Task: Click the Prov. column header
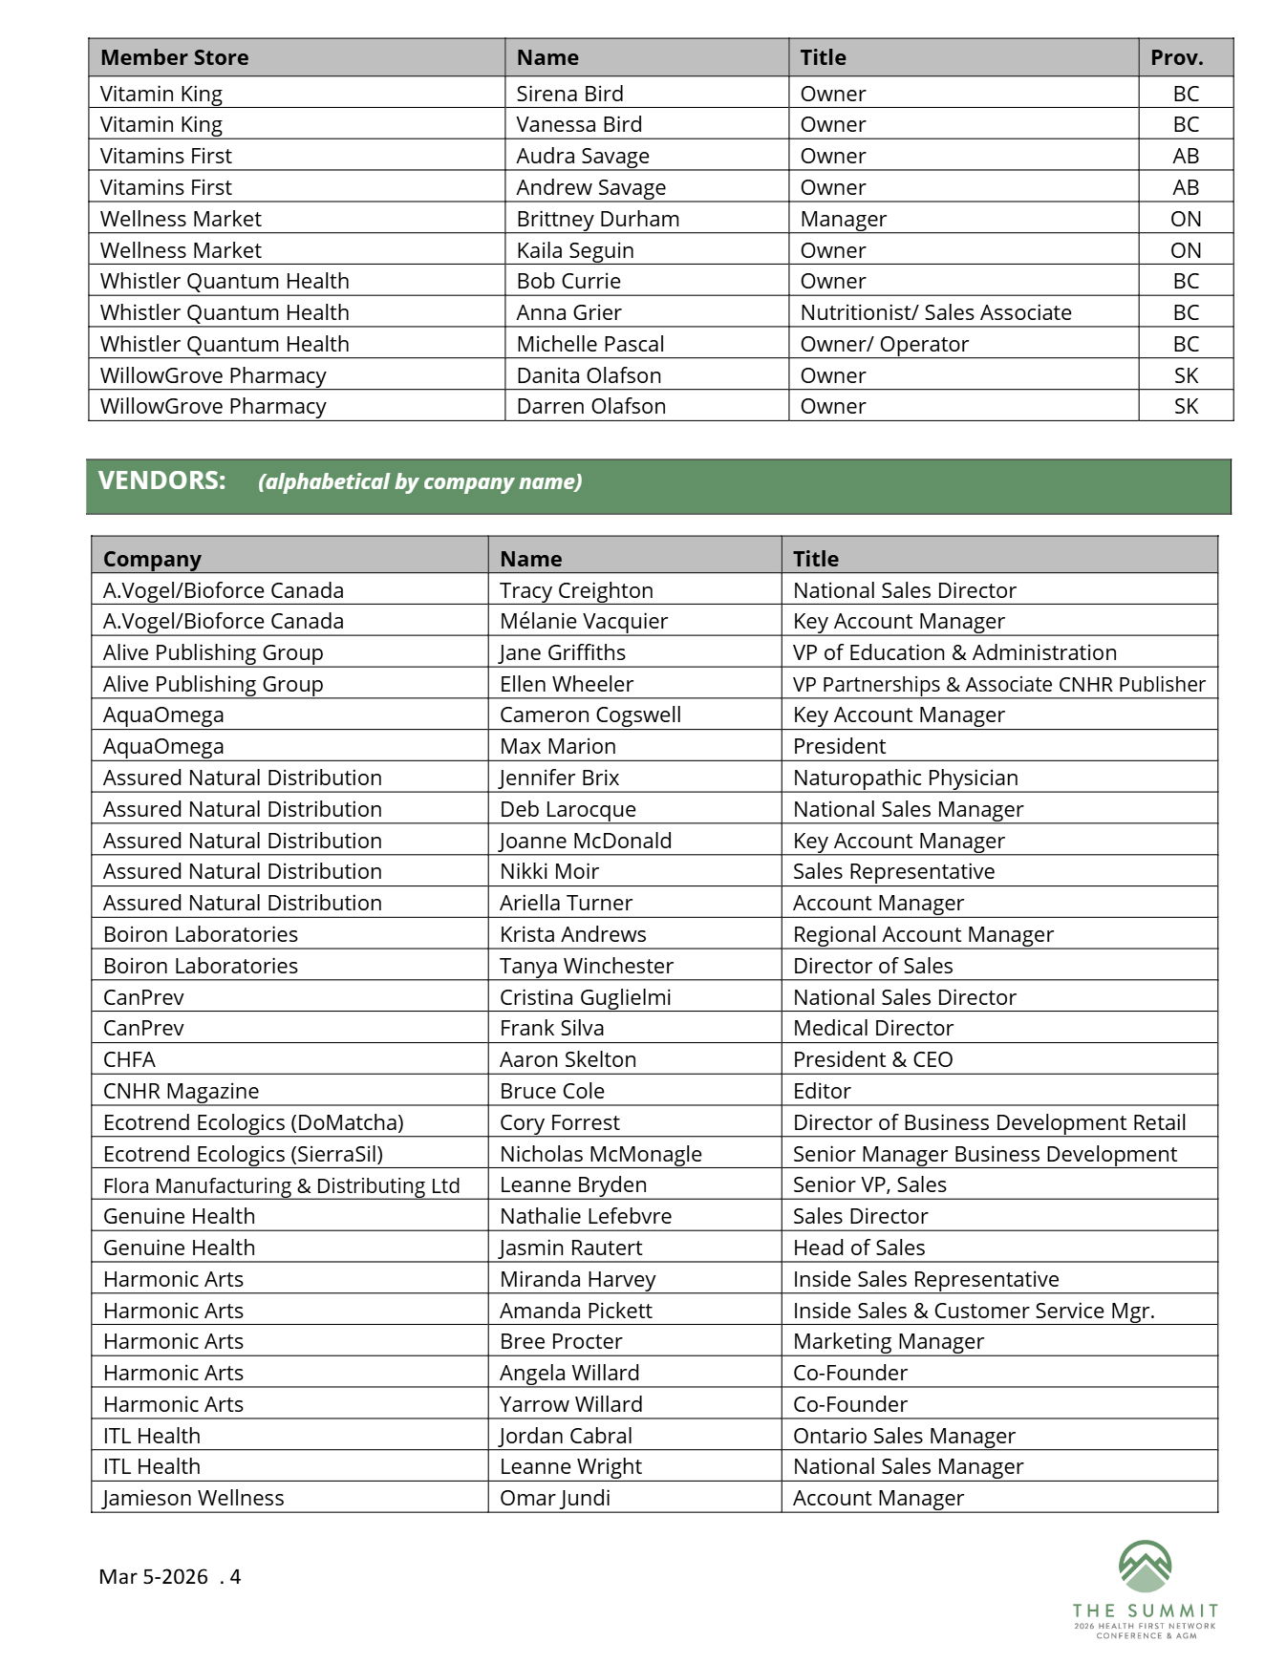point(1176,57)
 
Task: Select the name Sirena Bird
point(569,94)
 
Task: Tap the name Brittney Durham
point(597,219)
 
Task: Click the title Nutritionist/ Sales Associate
point(935,312)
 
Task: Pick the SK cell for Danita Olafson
point(1186,375)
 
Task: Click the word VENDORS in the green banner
point(161,480)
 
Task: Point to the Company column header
point(152,559)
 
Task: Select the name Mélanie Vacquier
point(583,621)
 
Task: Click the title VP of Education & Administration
point(954,652)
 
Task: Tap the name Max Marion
point(557,746)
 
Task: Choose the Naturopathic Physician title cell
point(905,778)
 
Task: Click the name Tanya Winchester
point(586,966)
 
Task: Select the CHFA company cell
point(129,1059)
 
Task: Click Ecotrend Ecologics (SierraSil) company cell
point(243,1154)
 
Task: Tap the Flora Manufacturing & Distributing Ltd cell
point(281,1185)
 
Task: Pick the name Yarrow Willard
point(570,1404)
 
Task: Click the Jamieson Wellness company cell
point(193,1498)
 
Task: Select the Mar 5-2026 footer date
point(153,1576)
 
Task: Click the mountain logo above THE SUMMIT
point(1145,1567)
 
